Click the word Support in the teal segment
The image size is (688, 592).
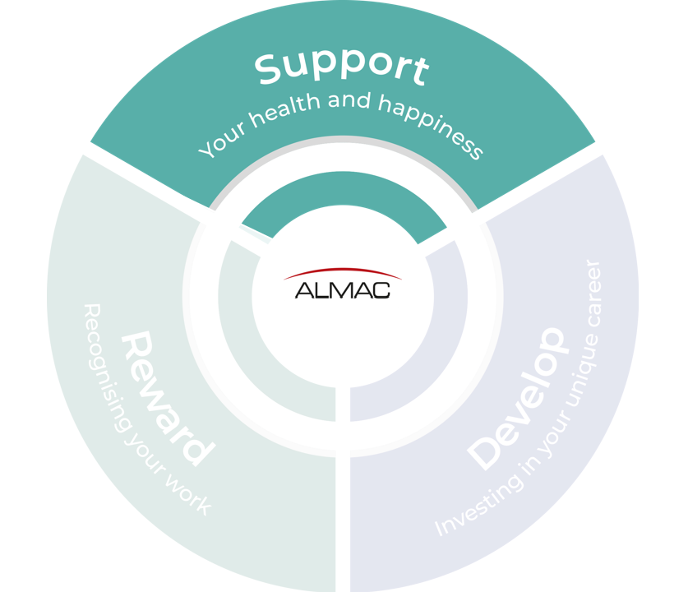[x=341, y=67]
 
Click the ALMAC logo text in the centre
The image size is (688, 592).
[x=343, y=290]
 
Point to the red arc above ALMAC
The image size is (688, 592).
[x=343, y=273]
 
